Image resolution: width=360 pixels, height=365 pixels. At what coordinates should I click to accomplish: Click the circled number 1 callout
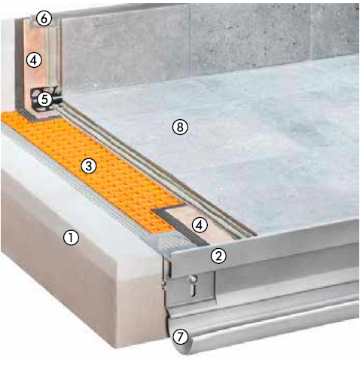click(72, 238)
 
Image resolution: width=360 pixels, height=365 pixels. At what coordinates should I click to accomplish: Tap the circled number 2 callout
click(218, 256)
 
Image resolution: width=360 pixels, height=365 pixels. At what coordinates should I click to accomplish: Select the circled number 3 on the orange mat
click(89, 166)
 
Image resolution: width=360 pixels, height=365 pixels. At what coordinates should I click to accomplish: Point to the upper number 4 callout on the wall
click(34, 60)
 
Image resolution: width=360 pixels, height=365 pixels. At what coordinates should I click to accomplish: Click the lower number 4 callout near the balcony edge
click(200, 225)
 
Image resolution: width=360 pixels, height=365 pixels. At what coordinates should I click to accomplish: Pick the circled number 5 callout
click(44, 100)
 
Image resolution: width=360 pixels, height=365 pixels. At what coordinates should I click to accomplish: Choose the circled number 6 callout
click(44, 19)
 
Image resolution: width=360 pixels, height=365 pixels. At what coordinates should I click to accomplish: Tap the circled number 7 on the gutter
click(180, 336)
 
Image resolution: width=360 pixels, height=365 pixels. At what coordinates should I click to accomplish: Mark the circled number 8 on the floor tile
click(180, 127)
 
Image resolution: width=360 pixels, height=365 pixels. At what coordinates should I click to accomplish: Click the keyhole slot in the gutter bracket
click(193, 289)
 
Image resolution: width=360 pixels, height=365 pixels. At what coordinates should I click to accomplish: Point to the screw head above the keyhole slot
click(193, 279)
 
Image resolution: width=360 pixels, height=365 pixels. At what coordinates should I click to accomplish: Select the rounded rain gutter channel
click(264, 327)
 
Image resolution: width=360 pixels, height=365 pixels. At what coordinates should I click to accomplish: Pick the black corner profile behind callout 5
click(47, 100)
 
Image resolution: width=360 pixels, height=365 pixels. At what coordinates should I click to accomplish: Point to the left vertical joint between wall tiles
click(189, 40)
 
